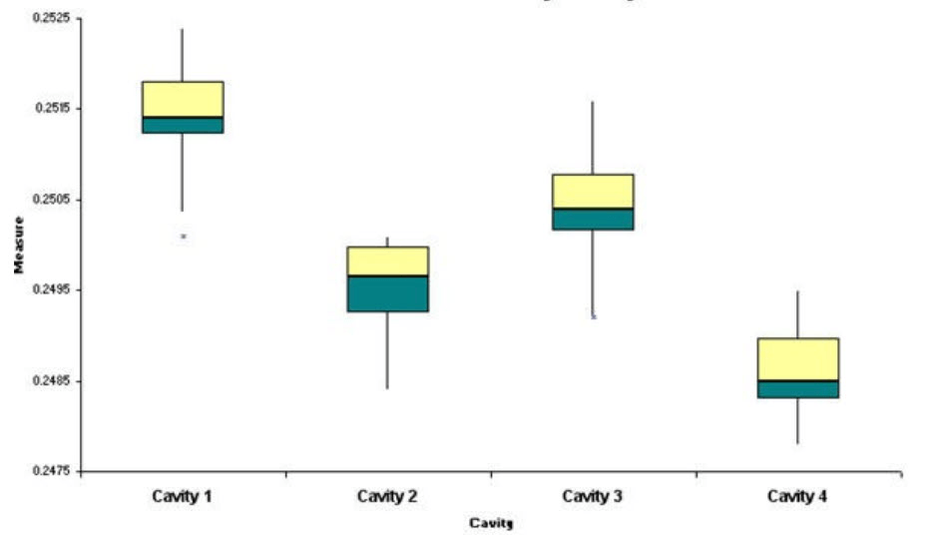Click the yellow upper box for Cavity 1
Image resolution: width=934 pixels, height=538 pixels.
(183, 99)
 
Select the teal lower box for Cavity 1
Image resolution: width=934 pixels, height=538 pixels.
(183, 125)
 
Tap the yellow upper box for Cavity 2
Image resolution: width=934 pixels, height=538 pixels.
(388, 261)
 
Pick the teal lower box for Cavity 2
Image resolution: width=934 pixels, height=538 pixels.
(388, 293)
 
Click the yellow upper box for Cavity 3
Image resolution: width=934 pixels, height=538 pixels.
(593, 191)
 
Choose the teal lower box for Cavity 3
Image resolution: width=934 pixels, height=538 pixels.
(593, 220)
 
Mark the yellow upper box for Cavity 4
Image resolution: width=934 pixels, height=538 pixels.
(798, 358)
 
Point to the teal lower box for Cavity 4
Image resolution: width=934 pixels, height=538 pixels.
(798, 389)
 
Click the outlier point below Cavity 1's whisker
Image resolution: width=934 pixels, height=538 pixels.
(184, 237)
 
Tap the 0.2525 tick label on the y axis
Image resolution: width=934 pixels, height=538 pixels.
(49, 17)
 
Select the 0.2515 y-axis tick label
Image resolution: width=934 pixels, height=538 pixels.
(49, 108)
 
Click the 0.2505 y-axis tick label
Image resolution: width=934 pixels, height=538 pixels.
(49, 199)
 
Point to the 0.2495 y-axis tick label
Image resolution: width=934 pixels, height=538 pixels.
(49, 289)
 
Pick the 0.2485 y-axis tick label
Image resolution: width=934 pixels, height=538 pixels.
(49, 380)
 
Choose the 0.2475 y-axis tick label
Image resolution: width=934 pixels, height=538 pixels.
(49, 471)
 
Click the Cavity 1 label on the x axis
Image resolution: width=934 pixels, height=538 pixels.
(183, 495)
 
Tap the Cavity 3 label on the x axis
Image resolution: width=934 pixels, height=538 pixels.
(593, 495)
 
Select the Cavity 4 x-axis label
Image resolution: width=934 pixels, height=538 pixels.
(798, 495)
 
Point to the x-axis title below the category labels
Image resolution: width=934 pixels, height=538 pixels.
(491, 522)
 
